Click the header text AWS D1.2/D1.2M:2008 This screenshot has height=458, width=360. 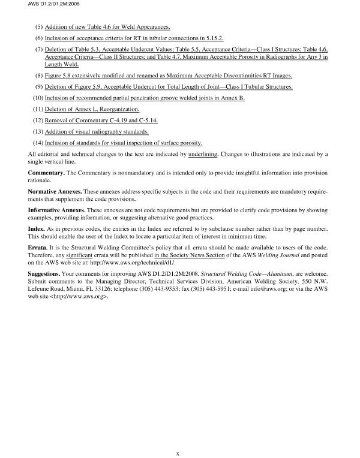(x=28, y=5)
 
